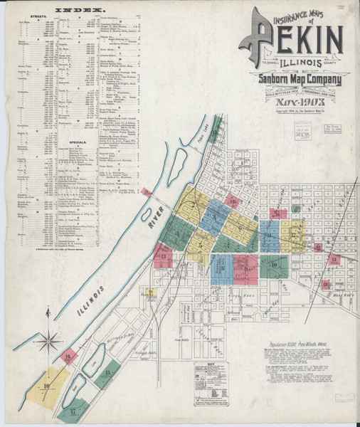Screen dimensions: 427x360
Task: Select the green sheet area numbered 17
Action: tap(73, 411)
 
